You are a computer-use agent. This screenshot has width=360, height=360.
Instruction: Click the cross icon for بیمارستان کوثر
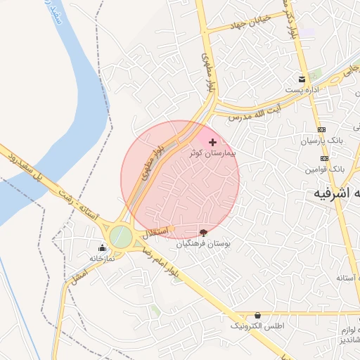tap(213, 142)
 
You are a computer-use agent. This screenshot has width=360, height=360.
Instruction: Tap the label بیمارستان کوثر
tap(214, 153)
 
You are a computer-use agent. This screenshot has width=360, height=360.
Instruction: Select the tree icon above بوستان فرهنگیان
tap(204, 232)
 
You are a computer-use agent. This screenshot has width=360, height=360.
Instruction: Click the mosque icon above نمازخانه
tap(103, 247)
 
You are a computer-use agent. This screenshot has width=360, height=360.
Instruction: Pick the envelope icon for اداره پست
tap(302, 79)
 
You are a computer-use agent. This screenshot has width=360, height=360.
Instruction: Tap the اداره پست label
tap(302, 90)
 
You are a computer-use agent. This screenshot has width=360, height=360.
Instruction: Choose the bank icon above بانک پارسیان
tap(322, 130)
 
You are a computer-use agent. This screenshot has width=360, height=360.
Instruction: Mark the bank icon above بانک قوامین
tap(322, 159)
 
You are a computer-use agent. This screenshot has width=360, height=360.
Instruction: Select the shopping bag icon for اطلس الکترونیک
tap(257, 316)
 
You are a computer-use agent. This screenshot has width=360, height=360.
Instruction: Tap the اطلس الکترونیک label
tap(257, 327)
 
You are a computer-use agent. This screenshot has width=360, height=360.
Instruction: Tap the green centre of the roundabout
tap(120, 236)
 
